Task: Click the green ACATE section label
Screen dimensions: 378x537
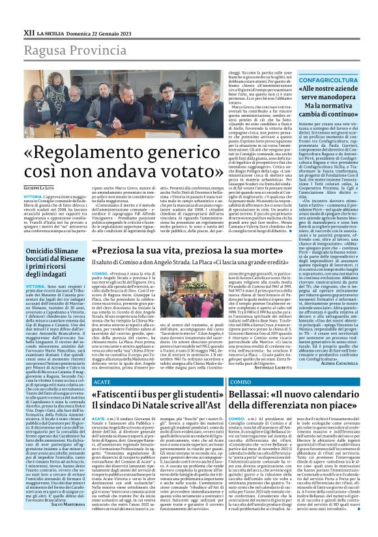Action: click(x=102, y=380)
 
